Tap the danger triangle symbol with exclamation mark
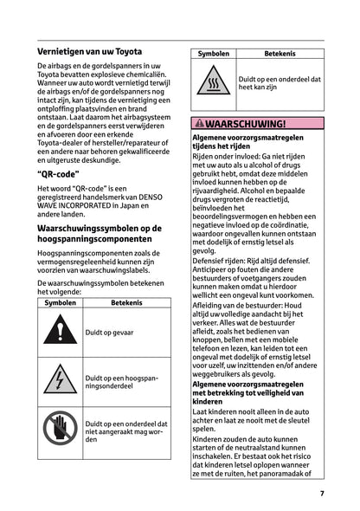tap(59, 333)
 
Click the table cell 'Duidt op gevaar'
tap(110, 333)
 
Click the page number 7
tap(321, 494)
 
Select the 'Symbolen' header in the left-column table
tap(59, 303)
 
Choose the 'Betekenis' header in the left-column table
tap(125, 303)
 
